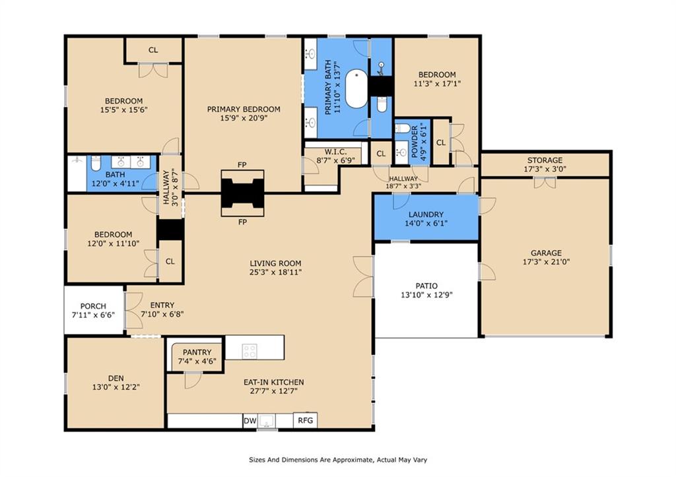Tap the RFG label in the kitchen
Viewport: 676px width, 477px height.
pyautogui.click(x=305, y=420)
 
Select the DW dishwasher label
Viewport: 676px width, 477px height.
pyautogui.click(x=250, y=421)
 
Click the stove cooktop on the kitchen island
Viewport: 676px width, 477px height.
pyautogui.click(x=249, y=351)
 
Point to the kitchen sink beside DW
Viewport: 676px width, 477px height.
pyautogui.click(x=267, y=421)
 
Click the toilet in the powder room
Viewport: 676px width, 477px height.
pyautogui.click(x=403, y=128)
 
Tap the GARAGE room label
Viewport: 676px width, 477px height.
pyautogui.click(x=546, y=253)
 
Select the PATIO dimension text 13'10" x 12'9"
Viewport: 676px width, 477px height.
pyautogui.click(x=426, y=295)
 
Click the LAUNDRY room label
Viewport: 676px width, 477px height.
pyautogui.click(x=426, y=214)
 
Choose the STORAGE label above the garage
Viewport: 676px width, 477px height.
pyautogui.click(x=545, y=160)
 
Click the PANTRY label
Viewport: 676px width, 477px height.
pyautogui.click(x=197, y=352)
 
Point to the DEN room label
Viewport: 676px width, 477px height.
pyautogui.click(x=116, y=378)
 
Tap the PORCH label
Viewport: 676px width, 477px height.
pyautogui.click(x=93, y=306)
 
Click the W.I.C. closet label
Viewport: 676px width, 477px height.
pyautogui.click(x=336, y=152)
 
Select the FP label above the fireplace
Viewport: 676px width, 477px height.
pyautogui.click(x=242, y=164)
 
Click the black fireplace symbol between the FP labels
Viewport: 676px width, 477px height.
pyautogui.click(x=242, y=193)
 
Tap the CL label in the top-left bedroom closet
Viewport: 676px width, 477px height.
pyautogui.click(x=153, y=50)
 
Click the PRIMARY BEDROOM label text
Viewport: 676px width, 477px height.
pyautogui.click(x=244, y=109)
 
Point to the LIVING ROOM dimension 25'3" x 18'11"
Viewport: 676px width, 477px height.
pyautogui.click(x=275, y=272)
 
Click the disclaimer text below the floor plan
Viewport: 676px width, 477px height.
pyautogui.click(x=338, y=460)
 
